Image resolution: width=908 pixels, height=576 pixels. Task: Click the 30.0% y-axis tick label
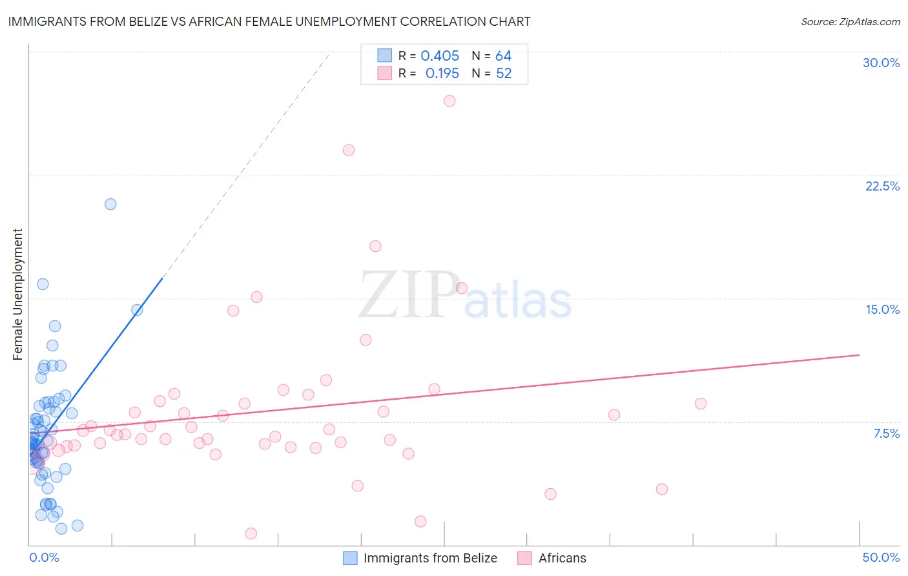pos(881,63)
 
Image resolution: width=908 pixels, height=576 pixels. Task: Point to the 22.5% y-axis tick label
pos(882,186)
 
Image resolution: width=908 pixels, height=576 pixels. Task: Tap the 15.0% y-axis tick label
pos(882,309)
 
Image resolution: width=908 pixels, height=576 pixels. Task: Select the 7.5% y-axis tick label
pos(886,433)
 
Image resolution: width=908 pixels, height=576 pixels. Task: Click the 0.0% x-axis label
pos(44,557)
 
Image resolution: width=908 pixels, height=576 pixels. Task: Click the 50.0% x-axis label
pos(881,557)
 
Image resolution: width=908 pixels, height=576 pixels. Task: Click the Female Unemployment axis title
pos(17,294)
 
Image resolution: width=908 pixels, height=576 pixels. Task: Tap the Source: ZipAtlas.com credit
pos(850,21)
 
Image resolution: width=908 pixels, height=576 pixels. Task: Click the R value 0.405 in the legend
pos(440,56)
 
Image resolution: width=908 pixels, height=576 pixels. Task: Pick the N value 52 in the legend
pos(504,74)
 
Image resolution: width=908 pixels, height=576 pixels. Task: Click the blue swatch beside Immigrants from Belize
pos(350,558)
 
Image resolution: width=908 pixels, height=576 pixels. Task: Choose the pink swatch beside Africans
pos(524,558)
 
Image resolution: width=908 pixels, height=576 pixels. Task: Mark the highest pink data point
pos(449,101)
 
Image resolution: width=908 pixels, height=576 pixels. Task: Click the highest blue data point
pos(110,204)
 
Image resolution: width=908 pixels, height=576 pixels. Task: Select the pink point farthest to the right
pos(701,404)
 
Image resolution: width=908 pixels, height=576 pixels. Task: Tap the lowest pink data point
pos(251,533)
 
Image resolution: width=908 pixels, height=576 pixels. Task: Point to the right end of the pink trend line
pos(859,355)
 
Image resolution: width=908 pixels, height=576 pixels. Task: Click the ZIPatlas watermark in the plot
pos(465,296)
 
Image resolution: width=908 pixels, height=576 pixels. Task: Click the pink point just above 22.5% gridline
pos(349,150)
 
